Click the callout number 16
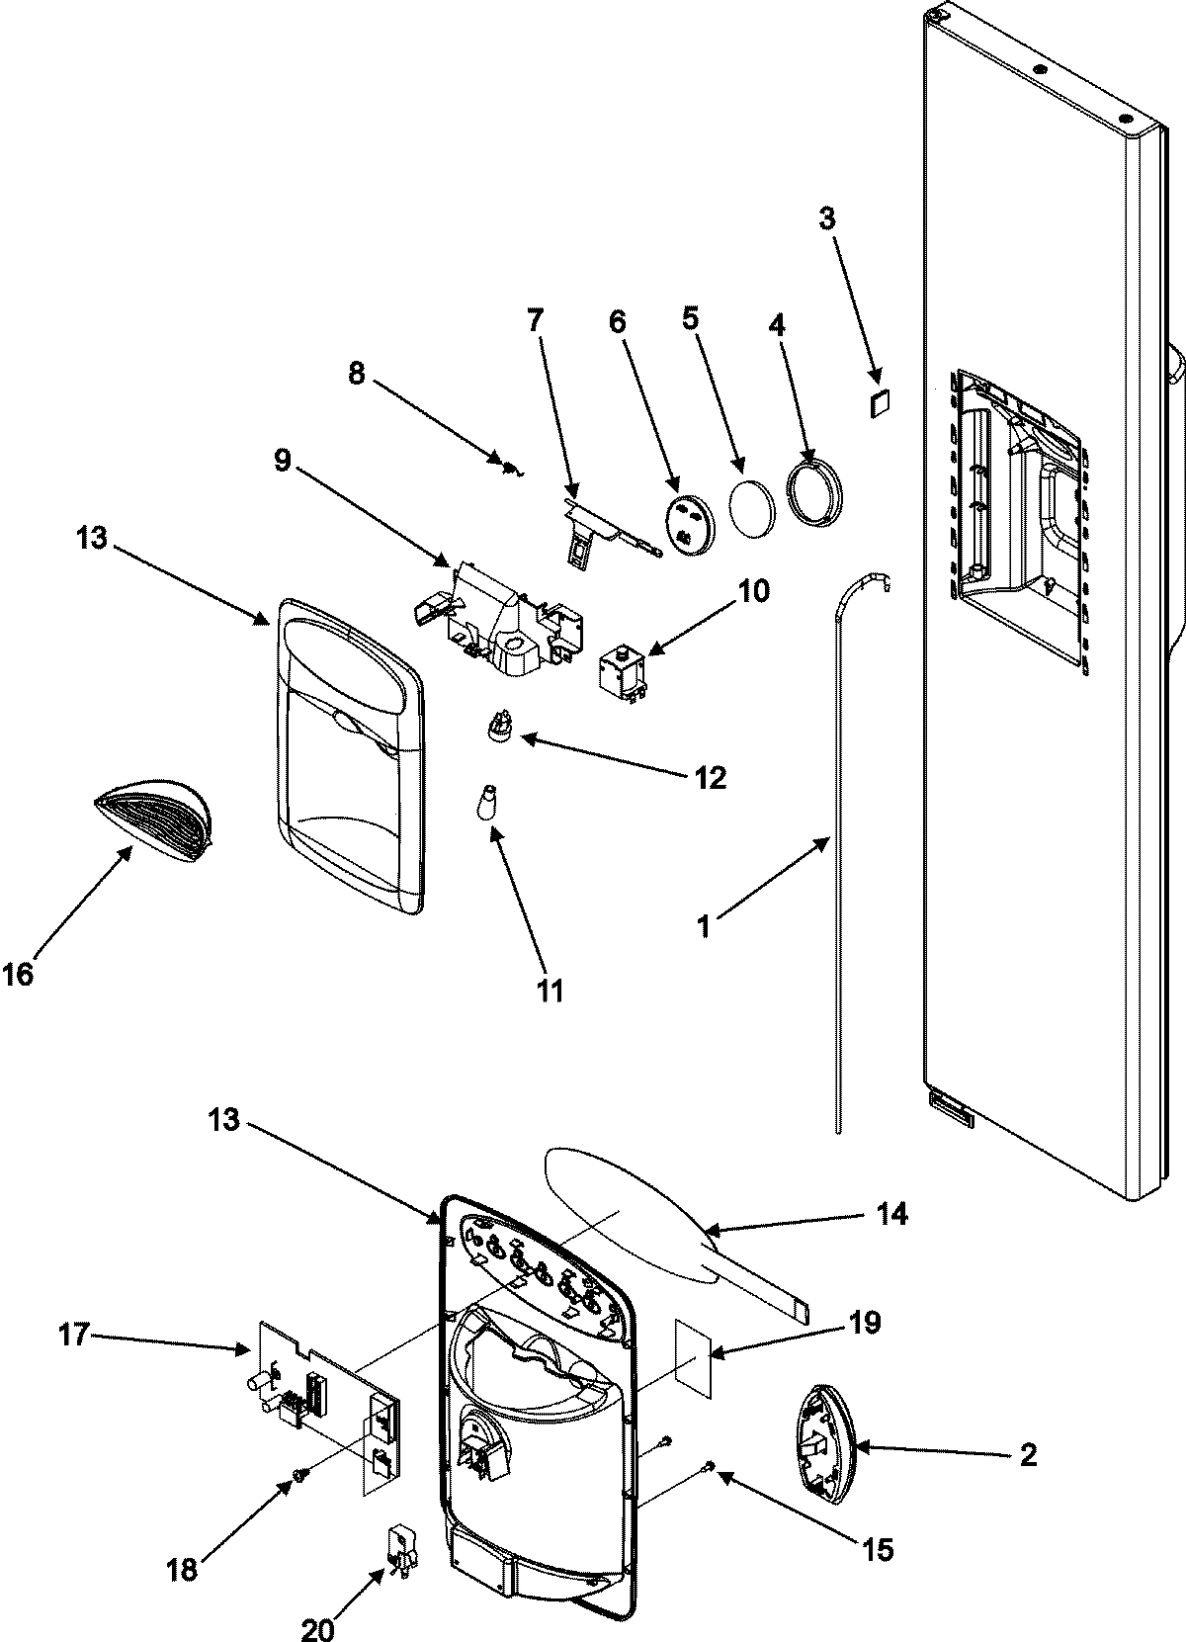click(18, 975)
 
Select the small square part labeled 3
click(880, 403)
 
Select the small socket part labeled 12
click(500, 726)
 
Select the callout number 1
click(704, 926)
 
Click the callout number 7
click(535, 319)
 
